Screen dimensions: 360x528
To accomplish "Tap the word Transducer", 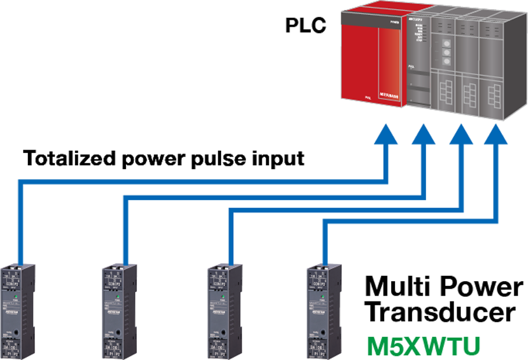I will coord(442,312).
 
